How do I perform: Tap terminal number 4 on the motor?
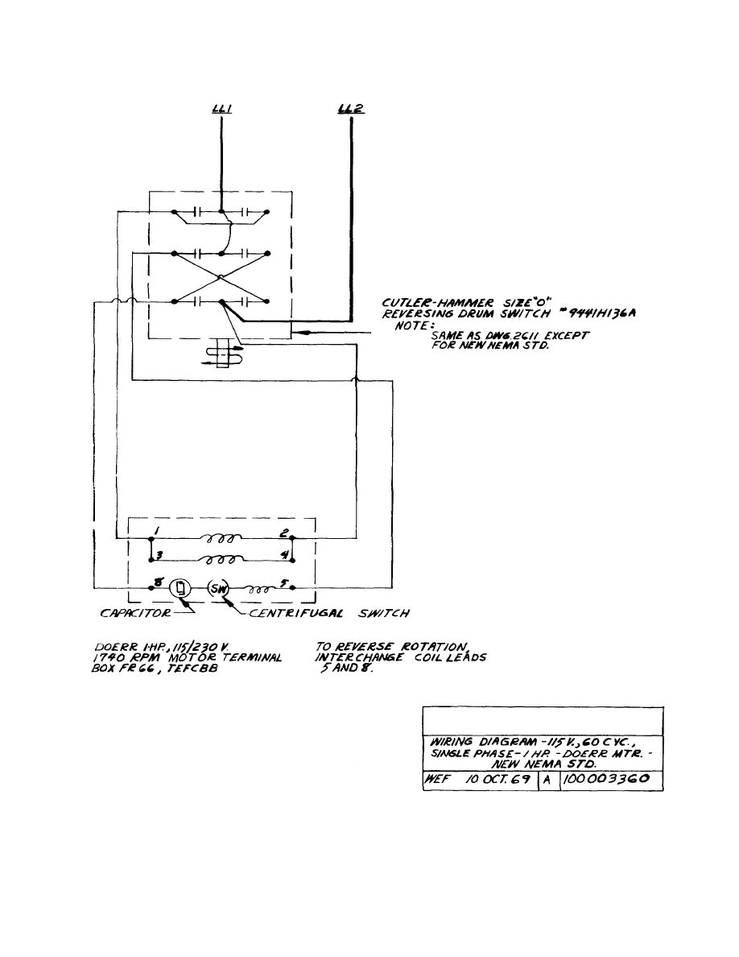pos(284,555)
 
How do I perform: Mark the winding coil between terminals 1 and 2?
pos(221,535)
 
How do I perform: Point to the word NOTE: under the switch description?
pos(412,326)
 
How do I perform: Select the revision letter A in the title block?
pos(545,780)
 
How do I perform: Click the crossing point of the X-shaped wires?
pos(221,277)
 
